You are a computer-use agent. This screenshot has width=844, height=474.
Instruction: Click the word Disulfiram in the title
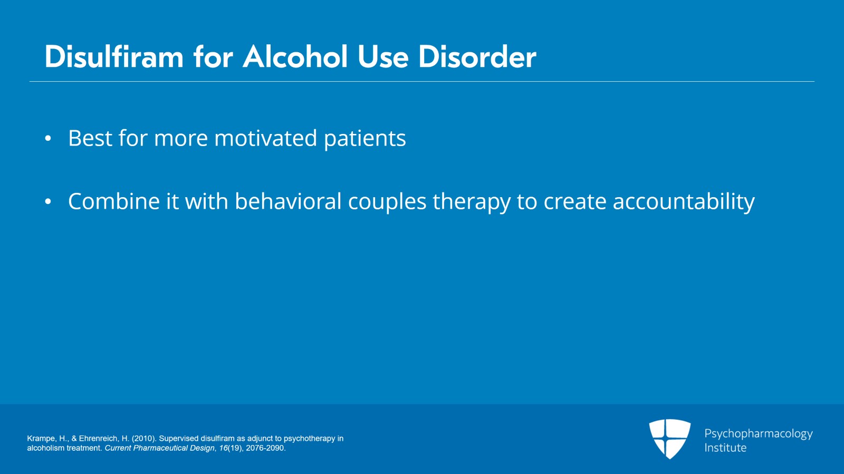(x=114, y=57)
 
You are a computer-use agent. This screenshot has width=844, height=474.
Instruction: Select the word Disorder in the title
(x=477, y=57)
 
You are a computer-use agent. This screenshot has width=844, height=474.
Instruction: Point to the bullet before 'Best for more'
(x=48, y=139)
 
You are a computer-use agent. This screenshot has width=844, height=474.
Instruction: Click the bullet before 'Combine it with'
(x=48, y=202)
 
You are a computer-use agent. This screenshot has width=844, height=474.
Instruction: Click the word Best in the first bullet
(x=90, y=139)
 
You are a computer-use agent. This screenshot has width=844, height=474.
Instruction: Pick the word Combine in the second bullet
(x=113, y=202)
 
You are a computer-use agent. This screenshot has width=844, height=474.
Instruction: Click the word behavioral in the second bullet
(x=288, y=202)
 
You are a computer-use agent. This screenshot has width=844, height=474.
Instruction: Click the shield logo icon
(x=669, y=439)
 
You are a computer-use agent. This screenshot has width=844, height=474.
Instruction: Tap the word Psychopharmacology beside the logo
(x=758, y=434)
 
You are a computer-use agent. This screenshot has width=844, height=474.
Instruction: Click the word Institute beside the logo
(x=725, y=448)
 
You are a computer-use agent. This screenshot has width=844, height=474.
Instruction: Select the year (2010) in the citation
(x=144, y=439)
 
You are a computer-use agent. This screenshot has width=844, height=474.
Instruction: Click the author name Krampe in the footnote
(x=41, y=439)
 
